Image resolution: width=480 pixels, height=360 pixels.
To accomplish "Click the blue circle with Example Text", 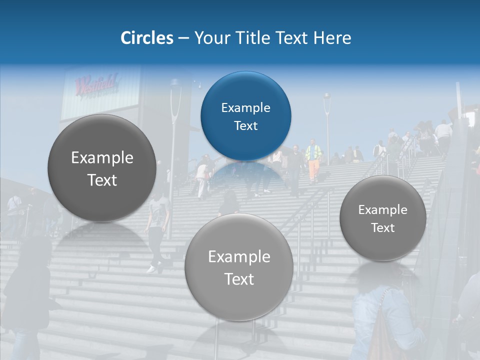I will tap(245, 116).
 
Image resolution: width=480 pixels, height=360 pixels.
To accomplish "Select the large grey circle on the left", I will tap(102, 168).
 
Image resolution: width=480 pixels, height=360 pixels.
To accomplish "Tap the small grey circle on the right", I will tap(382, 218).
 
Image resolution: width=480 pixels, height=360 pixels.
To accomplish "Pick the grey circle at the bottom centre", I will tap(239, 267).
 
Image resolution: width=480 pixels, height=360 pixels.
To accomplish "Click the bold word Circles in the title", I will tap(147, 38).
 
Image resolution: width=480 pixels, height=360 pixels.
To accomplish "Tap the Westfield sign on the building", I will tap(96, 84).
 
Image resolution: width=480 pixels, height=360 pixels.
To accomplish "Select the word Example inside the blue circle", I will tap(245, 107).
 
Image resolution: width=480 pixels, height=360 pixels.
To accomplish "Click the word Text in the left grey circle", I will tap(102, 180).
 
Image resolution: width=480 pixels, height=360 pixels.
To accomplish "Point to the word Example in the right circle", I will tap(382, 209).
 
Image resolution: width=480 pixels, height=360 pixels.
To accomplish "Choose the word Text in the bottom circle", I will tap(239, 279).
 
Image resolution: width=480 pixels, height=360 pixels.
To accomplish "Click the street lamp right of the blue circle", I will tap(327, 125).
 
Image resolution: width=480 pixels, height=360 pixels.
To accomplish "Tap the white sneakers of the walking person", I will tap(151, 269).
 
